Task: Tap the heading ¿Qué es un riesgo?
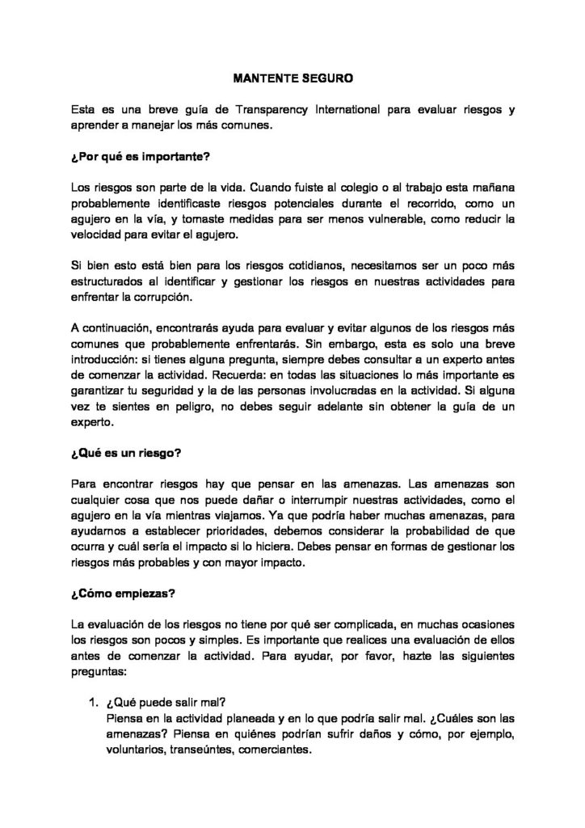[x=122, y=454]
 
